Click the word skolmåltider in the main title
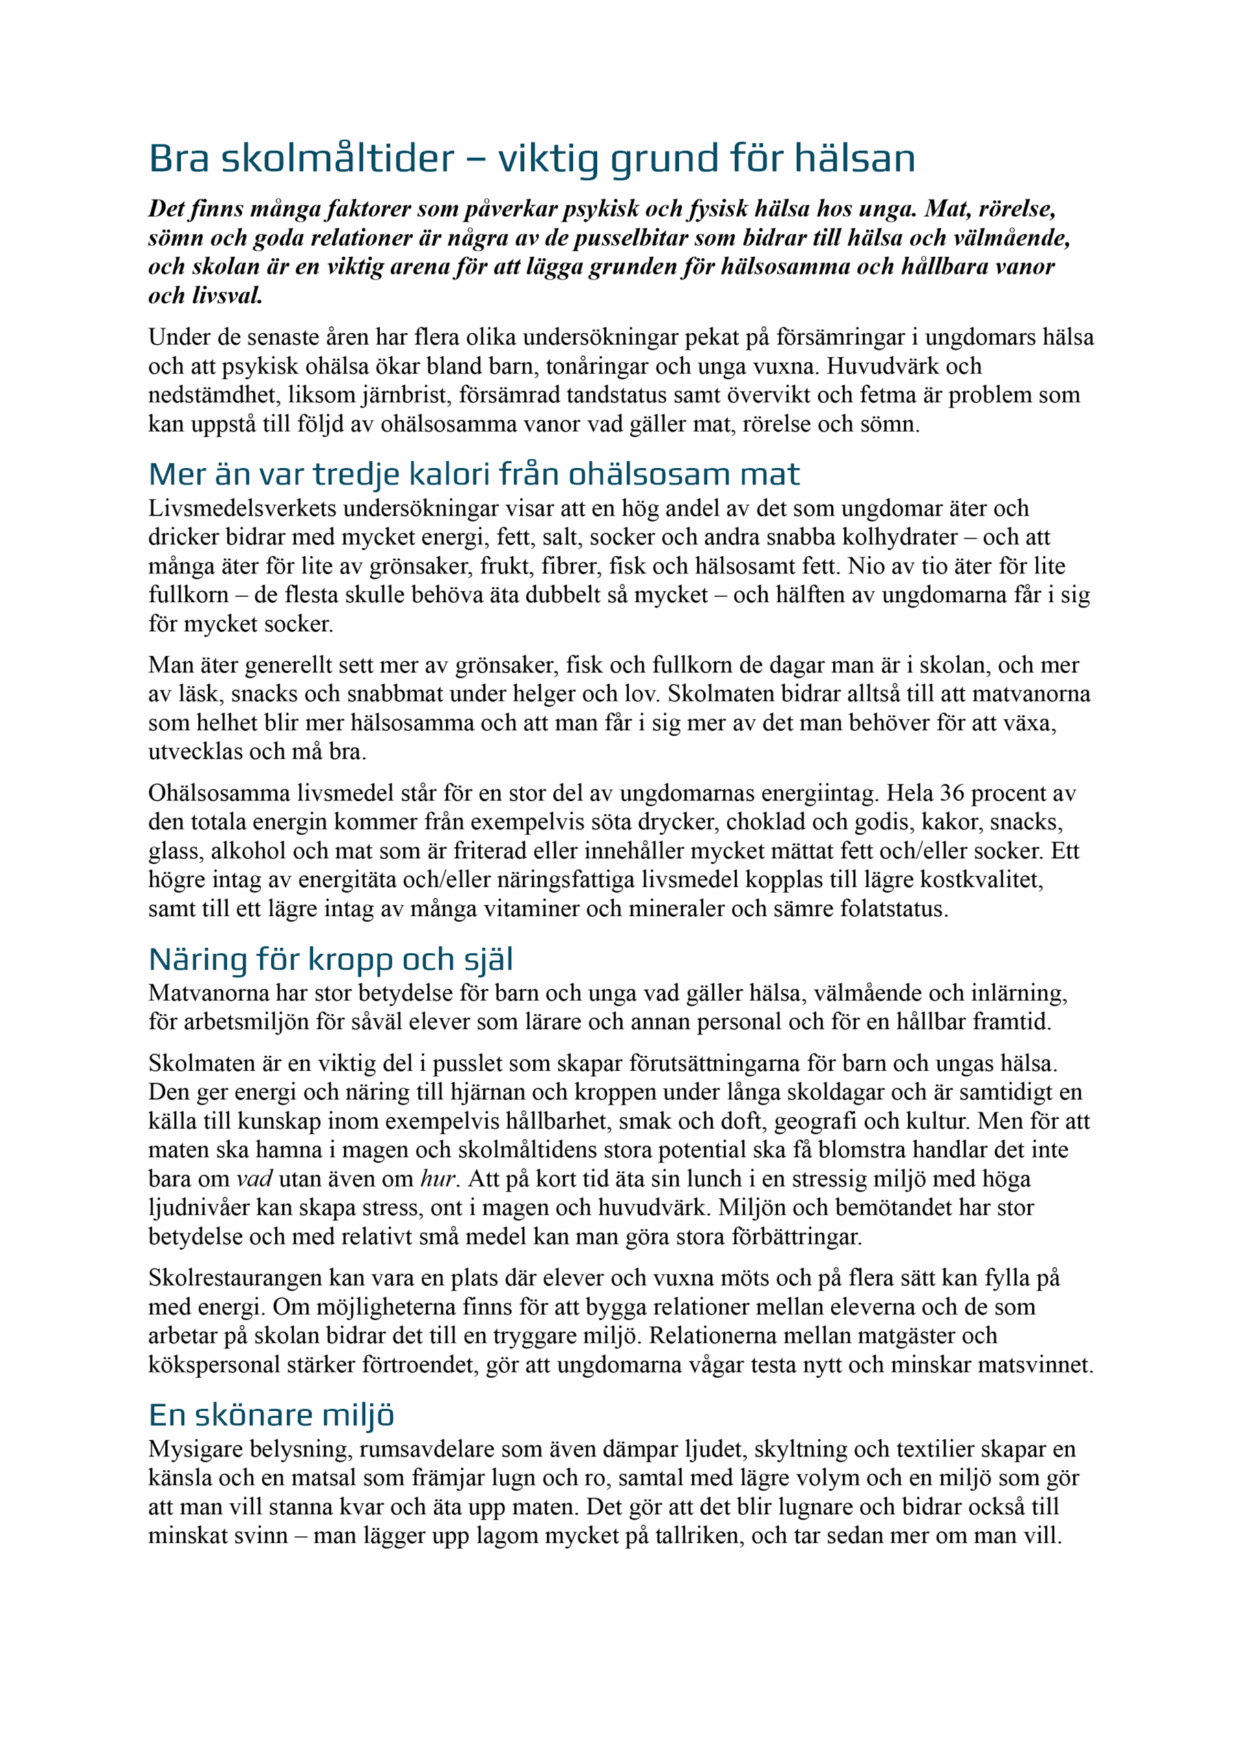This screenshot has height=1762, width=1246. coord(338,159)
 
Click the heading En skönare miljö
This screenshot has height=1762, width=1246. coord(272,1415)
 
